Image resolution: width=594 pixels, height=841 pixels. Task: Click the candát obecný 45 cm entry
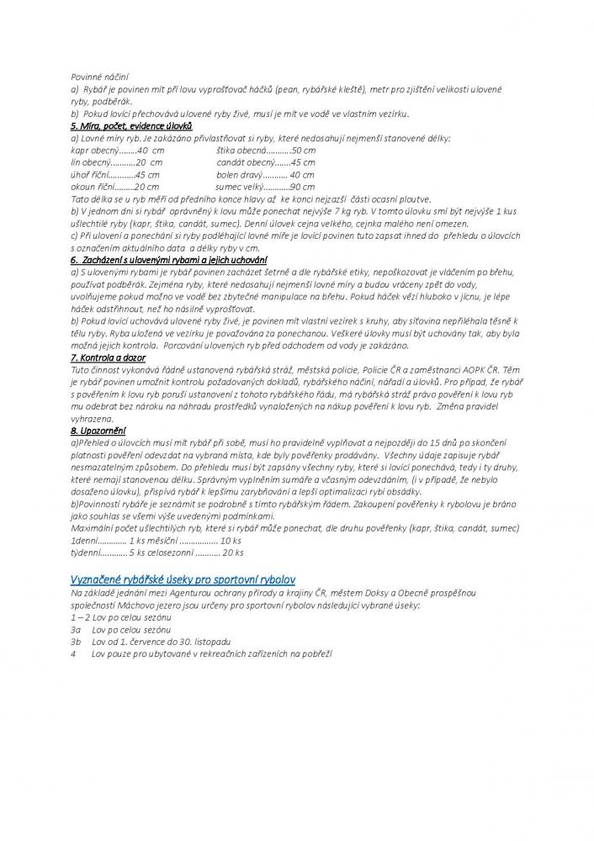point(265,162)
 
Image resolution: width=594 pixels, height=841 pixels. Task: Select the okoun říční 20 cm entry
point(115,187)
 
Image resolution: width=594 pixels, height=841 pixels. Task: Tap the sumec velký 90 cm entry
point(265,187)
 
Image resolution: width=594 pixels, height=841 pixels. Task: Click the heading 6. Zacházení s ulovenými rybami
point(168,262)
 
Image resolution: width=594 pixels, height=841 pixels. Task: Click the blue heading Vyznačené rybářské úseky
point(183,580)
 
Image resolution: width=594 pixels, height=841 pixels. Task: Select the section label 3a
point(76,629)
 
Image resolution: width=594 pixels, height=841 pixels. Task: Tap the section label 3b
point(76,641)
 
